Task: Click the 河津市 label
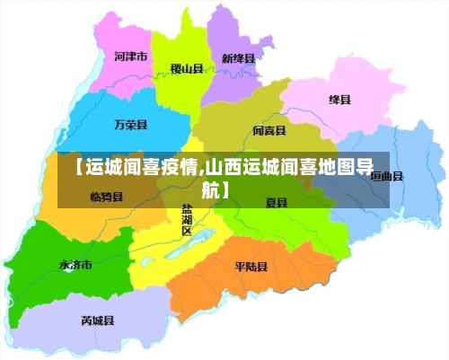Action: pos(131,56)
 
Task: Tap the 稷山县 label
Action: pos(187,68)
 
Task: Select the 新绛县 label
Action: pos(238,58)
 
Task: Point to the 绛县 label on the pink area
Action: pos(339,99)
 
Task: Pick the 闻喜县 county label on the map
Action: pos(269,130)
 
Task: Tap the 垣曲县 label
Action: pos(387,176)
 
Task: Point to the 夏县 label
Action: pos(276,203)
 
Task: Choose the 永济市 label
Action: pos(75,265)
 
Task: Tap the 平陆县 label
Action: pos(251,267)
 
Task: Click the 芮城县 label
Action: pos(97,319)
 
